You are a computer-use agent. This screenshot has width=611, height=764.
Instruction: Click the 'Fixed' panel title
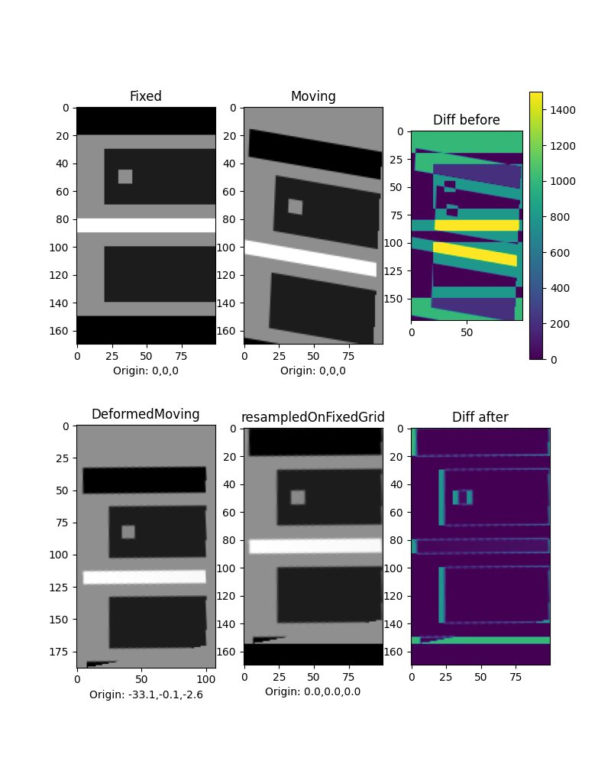point(145,96)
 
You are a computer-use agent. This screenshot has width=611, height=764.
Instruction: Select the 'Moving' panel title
point(313,96)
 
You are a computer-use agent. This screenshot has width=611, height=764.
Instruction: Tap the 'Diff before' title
point(467,120)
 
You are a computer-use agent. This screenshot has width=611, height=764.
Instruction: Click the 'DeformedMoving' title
point(145,414)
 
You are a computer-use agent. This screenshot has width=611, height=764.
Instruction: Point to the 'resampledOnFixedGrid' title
point(313,417)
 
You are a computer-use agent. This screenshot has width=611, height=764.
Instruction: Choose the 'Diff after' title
point(480,417)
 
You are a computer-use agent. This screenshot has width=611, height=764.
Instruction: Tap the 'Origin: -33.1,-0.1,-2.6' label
point(146,694)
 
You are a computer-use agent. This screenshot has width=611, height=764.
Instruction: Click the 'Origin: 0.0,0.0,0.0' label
point(313,691)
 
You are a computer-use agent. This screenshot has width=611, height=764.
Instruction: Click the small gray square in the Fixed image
point(125,176)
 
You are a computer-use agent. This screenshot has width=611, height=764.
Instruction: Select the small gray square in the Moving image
point(295,206)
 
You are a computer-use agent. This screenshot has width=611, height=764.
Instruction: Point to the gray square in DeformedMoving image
point(128,532)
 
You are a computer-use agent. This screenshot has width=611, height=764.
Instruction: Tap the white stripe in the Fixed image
point(145,225)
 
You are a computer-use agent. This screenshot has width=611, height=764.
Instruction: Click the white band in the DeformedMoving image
point(144,577)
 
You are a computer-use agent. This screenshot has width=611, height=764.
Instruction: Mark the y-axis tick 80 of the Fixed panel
point(64,219)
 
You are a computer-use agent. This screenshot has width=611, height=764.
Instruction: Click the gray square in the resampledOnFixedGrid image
point(298,497)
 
